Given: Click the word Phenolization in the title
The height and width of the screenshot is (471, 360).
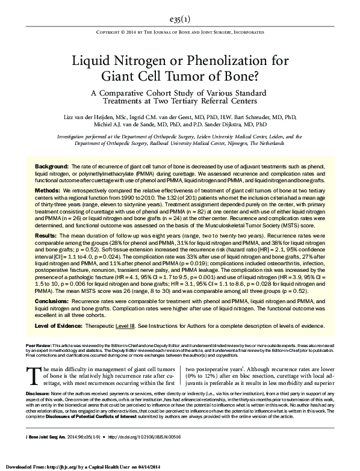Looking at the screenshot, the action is click(218, 61).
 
